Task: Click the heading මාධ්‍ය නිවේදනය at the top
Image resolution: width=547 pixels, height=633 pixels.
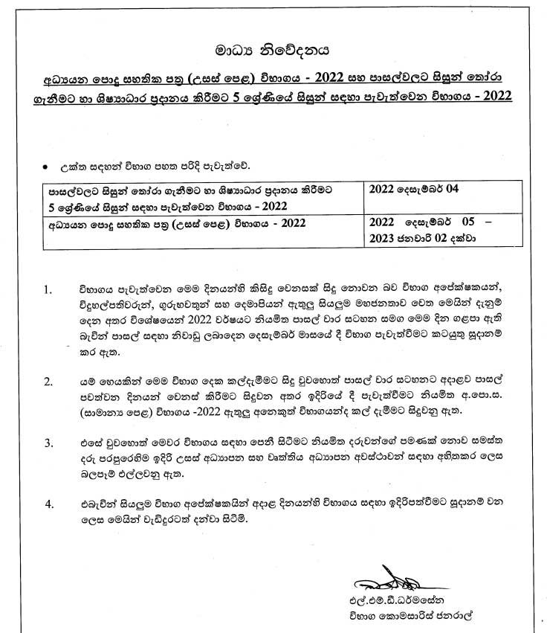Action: (272, 51)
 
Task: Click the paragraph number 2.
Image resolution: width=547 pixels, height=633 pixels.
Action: (50, 382)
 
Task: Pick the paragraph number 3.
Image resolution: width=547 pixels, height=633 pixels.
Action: (50, 443)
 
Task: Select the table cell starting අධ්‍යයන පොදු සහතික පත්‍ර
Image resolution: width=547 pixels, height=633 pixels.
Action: (172, 222)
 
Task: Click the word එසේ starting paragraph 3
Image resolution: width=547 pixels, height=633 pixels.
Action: (91, 443)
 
